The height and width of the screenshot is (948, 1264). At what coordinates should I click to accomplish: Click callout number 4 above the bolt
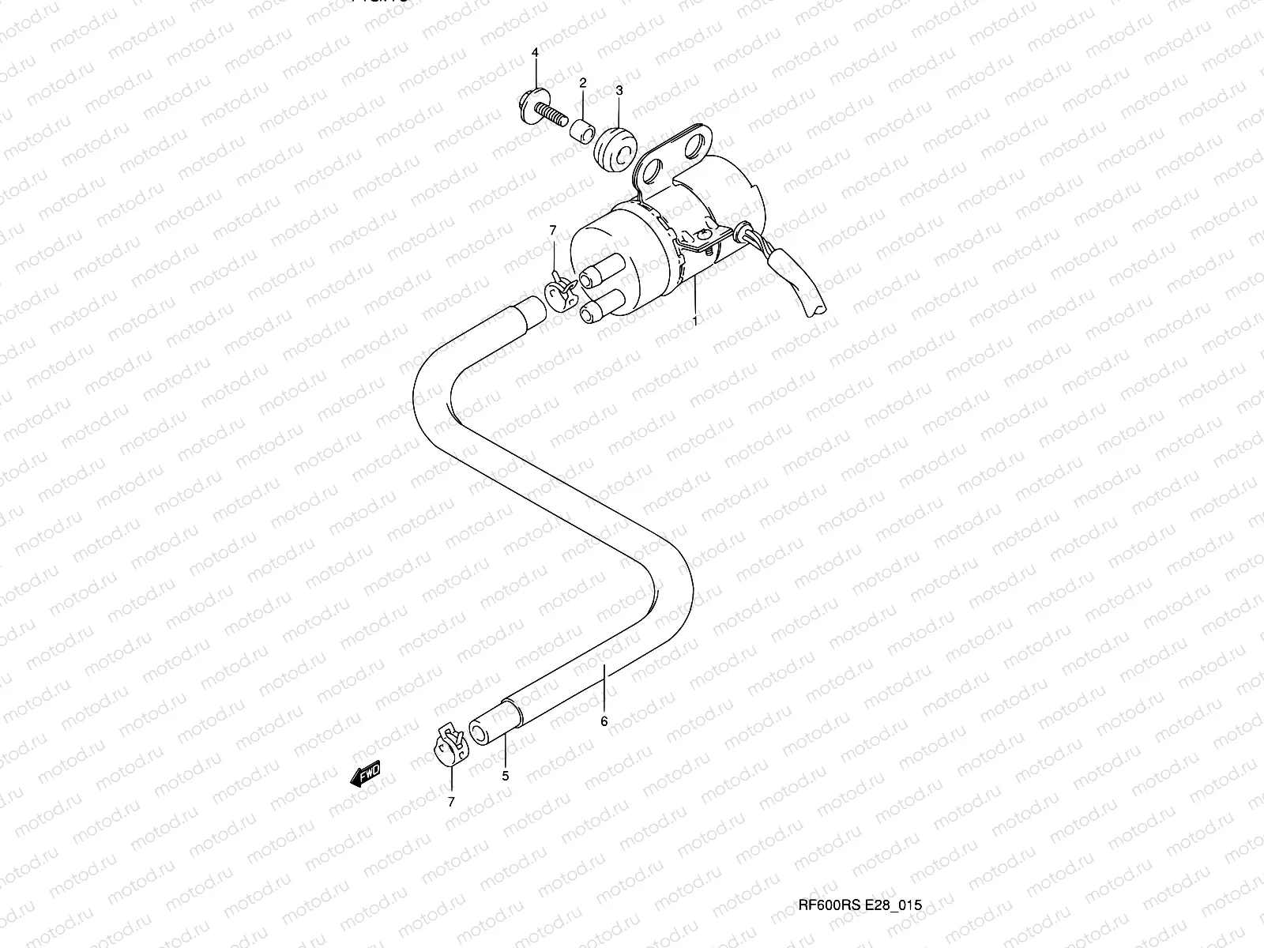(x=535, y=52)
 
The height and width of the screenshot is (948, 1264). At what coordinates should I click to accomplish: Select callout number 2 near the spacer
(x=583, y=83)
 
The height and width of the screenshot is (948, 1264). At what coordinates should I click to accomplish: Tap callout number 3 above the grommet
(x=619, y=91)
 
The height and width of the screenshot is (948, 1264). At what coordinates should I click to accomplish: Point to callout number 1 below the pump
(x=695, y=321)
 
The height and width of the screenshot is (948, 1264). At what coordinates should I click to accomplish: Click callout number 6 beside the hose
(x=604, y=721)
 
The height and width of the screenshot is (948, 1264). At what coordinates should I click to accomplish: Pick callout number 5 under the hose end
(x=505, y=776)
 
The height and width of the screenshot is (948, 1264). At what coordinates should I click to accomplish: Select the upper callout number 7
(x=553, y=230)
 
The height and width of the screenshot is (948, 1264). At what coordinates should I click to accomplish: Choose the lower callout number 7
(x=451, y=802)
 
